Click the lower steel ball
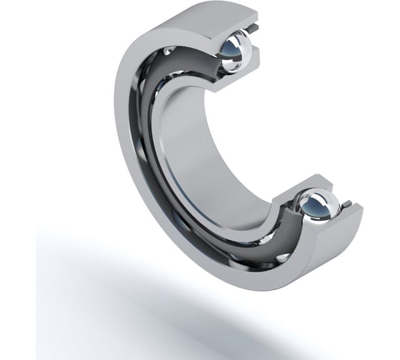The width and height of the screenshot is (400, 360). [317, 207]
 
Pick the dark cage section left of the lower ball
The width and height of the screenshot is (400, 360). [286, 214]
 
